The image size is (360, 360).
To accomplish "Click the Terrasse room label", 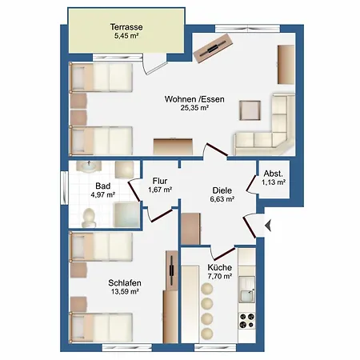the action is (x=126, y=27).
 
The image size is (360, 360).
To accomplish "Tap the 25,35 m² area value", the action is (x=194, y=108).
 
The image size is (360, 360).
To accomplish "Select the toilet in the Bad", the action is (x=89, y=218).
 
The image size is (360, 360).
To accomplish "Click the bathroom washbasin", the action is (x=89, y=166).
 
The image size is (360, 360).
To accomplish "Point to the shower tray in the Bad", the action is (x=127, y=214).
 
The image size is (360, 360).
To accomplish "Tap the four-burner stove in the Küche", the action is (x=246, y=321).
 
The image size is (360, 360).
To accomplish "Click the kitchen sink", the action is (x=246, y=290).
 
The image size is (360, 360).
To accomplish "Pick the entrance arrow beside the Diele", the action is (x=268, y=226).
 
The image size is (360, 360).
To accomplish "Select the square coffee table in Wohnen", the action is (x=250, y=110).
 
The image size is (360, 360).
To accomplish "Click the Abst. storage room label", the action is (x=274, y=174).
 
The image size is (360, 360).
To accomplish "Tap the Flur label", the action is (x=160, y=181).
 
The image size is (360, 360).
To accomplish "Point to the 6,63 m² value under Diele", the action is (x=222, y=199).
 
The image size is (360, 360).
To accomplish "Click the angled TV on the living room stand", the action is (x=213, y=49).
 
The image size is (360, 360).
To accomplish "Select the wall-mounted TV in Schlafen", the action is (x=172, y=270).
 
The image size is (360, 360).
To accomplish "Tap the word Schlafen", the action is (x=125, y=282).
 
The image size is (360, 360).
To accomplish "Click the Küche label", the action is (x=219, y=267).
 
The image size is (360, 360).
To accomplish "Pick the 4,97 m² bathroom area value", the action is (x=102, y=194).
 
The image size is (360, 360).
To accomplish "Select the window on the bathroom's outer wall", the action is (x=64, y=188).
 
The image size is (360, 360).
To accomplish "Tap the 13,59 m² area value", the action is (x=125, y=291).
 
